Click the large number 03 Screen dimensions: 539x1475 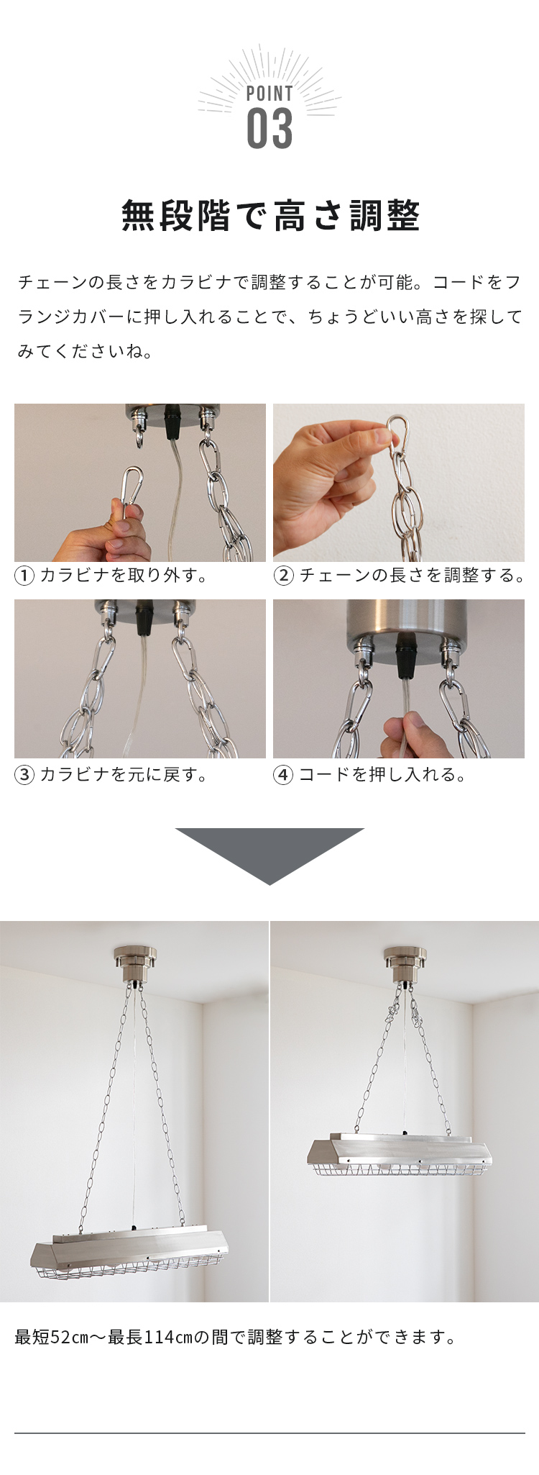click(269, 129)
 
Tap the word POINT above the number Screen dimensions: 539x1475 click(269, 94)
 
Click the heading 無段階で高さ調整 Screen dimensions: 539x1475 click(270, 216)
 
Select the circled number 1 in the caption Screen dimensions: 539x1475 click(24, 576)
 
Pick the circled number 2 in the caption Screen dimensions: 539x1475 click(284, 576)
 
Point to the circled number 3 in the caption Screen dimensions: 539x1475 click(24, 775)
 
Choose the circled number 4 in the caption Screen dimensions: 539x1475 click(284, 775)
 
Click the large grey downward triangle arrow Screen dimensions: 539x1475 click(269, 856)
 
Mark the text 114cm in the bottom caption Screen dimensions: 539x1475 click(169, 1338)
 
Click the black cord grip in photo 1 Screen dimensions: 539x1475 click(172, 422)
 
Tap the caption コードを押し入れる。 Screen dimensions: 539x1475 click(383, 775)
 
